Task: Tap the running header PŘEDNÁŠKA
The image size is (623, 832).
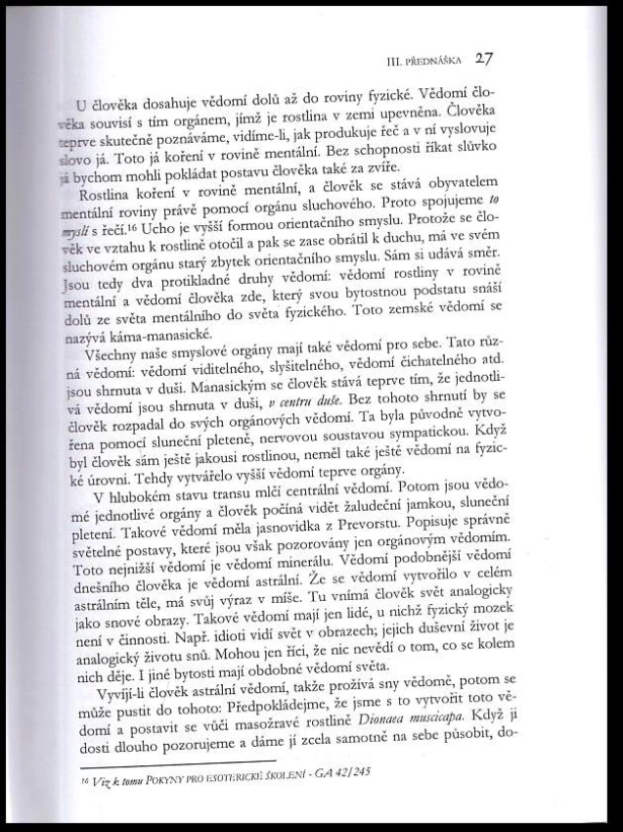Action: [x=428, y=61]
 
